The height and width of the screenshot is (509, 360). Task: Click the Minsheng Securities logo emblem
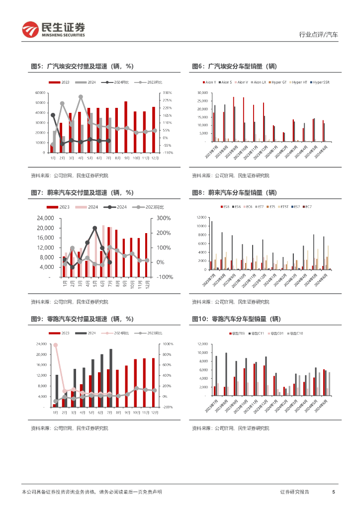point(30,30)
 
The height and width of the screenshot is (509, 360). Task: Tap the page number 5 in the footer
point(333,492)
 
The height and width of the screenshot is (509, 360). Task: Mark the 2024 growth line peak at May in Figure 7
point(94,228)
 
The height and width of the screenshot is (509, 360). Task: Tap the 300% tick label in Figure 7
point(164,218)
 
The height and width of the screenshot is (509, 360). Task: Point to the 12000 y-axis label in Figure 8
point(201,217)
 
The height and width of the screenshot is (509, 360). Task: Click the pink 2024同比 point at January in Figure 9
point(55,345)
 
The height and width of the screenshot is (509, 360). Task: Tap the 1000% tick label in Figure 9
point(167,344)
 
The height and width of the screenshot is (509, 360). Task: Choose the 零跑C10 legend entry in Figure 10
point(282,333)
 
